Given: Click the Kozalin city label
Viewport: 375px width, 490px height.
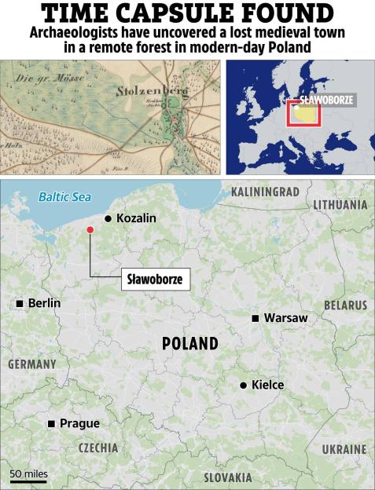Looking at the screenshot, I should (136, 218).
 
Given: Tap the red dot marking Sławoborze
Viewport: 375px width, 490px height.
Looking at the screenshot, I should (90, 229).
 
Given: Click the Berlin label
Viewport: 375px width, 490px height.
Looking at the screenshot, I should (44, 303).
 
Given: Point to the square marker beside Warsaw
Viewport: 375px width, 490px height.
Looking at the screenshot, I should (256, 318).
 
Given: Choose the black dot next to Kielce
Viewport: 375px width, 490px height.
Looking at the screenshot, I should (244, 385).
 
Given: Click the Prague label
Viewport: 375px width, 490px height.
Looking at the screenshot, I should (79, 424).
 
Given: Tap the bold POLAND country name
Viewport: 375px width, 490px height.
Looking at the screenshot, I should (190, 344).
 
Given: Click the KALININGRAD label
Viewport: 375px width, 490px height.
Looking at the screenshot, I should (266, 192).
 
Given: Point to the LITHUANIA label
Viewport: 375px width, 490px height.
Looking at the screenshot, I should (340, 205).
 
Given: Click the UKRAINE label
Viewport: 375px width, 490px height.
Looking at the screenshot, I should (344, 449).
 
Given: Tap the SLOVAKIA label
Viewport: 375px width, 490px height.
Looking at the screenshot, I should (228, 477).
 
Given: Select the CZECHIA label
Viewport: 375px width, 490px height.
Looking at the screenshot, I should (97, 448).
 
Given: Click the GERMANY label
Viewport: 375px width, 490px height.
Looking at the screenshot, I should (32, 364).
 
